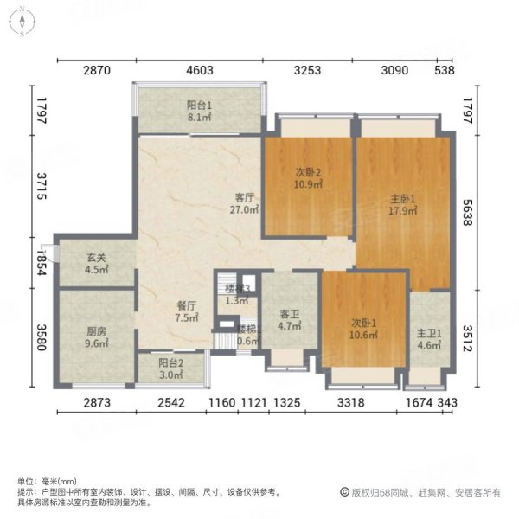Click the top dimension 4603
199,71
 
